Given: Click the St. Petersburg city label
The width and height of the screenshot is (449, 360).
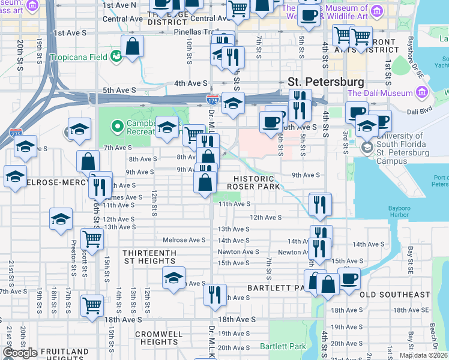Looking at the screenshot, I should (x=325, y=82).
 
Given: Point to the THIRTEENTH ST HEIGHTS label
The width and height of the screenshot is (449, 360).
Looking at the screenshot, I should (x=149, y=257).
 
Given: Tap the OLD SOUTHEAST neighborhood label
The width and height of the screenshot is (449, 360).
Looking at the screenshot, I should (x=394, y=295).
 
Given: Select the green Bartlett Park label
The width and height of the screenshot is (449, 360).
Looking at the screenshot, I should (x=282, y=346).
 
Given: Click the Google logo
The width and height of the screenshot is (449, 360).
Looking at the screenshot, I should (x=20, y=353).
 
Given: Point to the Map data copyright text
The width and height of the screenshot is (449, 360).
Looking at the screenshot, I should (x=423, y=355).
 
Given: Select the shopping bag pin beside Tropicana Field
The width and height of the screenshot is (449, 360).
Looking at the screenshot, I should (x=133, y=45).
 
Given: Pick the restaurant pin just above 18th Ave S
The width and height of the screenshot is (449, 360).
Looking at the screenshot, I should (x=214, y=294).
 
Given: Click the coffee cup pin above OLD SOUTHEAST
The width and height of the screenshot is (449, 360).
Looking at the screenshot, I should (x=350, y=278).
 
